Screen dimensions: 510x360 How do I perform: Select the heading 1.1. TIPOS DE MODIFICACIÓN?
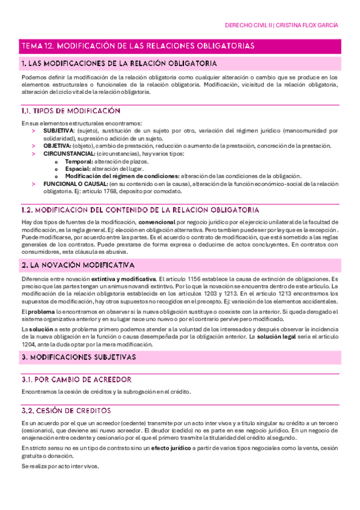[70, 111]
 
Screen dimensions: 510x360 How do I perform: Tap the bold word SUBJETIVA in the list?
[59, 130]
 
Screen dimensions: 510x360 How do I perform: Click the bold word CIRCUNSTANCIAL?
[69, 154]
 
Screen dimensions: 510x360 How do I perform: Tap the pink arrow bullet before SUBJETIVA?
[34, 130]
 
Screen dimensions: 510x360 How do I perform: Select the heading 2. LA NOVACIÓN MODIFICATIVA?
[78, 265]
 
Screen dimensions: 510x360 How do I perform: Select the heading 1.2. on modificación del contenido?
[139, 210]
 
